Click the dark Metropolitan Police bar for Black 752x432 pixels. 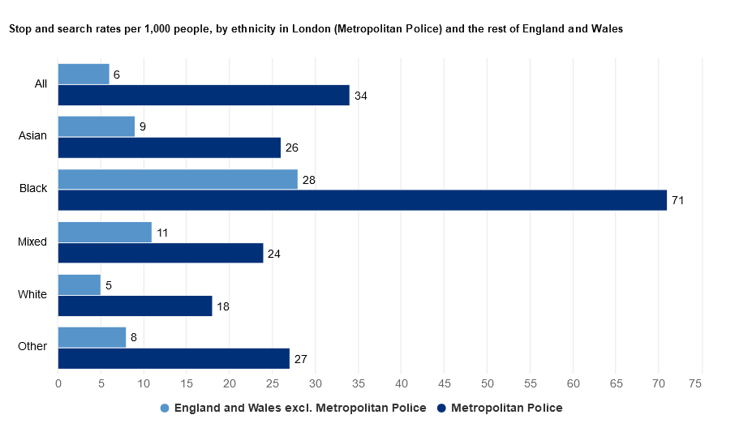point(362,200)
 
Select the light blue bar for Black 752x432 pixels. point(178,179)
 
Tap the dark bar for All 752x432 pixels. point(204,95)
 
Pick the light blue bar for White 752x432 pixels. point(79,284)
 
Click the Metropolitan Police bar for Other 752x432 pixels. point(174,358)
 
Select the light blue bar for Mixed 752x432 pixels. point(105,232)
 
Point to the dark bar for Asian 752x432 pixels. point(170,148)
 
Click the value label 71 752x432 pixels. point(678,200)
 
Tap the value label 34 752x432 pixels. point(361,96)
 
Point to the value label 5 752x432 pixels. point(109,285)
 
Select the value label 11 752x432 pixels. point(162,233)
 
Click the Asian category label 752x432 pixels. point(33,135)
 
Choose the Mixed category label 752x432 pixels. point(32,242)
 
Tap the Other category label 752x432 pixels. point(32,347)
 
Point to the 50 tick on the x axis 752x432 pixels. point(487,383)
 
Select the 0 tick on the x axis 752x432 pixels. point(58,383)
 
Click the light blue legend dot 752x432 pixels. point(165,408)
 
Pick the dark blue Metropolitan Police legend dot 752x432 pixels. point(442,408)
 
